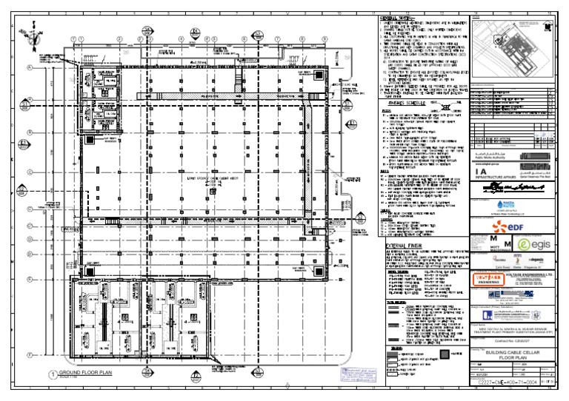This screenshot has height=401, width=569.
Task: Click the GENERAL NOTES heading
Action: [x=399, y=18]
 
